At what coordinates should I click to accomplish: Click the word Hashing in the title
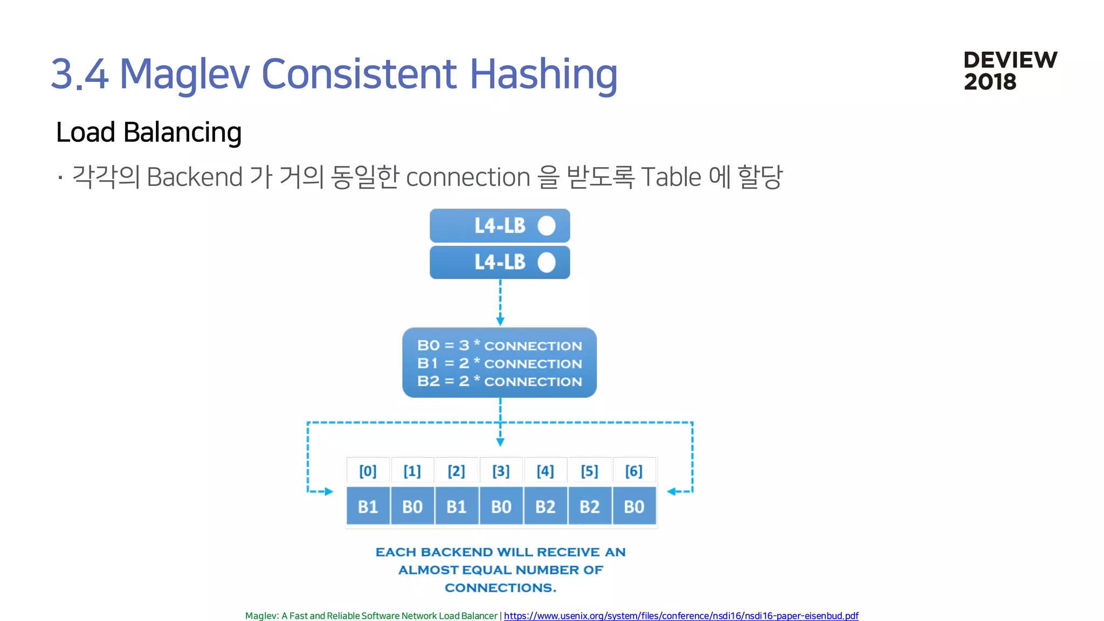tap(543, 74)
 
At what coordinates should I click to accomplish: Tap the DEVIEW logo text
tap(1010, 60)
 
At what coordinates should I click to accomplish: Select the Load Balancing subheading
tap(149, 132)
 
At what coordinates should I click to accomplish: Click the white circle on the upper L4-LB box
tap(546, 226)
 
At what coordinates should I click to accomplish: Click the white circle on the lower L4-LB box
tap(546, 263)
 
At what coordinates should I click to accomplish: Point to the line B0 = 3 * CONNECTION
tap(499, 346)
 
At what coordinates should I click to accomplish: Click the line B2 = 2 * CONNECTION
tap(499, 381)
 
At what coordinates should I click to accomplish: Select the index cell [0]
tap(368, 471)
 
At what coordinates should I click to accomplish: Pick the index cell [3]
tap(501, 471)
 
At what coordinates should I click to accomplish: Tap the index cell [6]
tap(634, 471)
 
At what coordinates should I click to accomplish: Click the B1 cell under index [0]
tap(368, 507)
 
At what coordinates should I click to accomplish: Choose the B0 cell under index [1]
tap(412, 507)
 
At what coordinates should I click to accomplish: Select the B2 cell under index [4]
tap(545, 507)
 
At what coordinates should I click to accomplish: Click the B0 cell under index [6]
tap(634, 507)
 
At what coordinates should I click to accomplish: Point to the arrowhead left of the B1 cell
tap(329, 492)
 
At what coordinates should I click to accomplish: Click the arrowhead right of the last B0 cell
tap(672, 492)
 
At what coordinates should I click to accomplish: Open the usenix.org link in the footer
tap(681, 616)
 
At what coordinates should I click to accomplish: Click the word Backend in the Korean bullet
tap(195, 177)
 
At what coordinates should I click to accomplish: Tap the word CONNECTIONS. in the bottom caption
tap(500, 588)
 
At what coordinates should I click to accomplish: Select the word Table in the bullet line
tap(671, 177)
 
